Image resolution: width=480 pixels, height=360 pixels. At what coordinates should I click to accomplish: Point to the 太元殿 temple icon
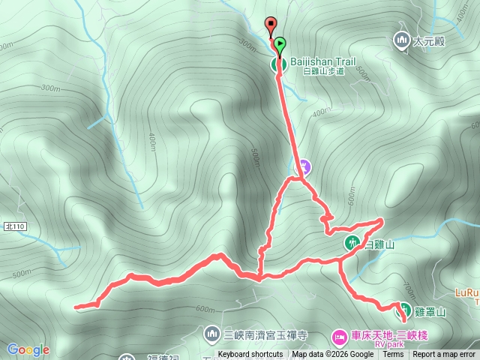pyautogui.click(x=400, y=40)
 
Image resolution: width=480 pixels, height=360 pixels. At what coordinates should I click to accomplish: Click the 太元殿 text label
pyautogui.click(x=428, y=41)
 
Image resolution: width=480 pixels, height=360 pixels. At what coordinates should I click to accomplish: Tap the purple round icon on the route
pyautogui.click(x=304, y=166)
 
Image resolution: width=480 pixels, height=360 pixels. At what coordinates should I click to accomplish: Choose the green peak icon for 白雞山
pyautogui.click(x=352, y=243)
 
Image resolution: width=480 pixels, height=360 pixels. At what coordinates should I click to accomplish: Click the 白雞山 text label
pyautogui.click(x=379, y=244)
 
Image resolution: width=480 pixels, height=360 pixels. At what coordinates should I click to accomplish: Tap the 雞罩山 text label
pyautogui.click(x=430, y=311)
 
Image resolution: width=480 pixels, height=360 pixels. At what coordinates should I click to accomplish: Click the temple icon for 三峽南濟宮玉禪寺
pyautogui.click(x=212, y=332)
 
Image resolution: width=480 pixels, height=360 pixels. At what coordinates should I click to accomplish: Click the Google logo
pyautogui.click(x=28, y=349)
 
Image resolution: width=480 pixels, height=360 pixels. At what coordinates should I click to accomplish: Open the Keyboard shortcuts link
pyautogui.click(x=250, y=355)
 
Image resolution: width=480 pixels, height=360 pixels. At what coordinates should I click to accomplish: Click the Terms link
pyautogui.click(x=393, y=355)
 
